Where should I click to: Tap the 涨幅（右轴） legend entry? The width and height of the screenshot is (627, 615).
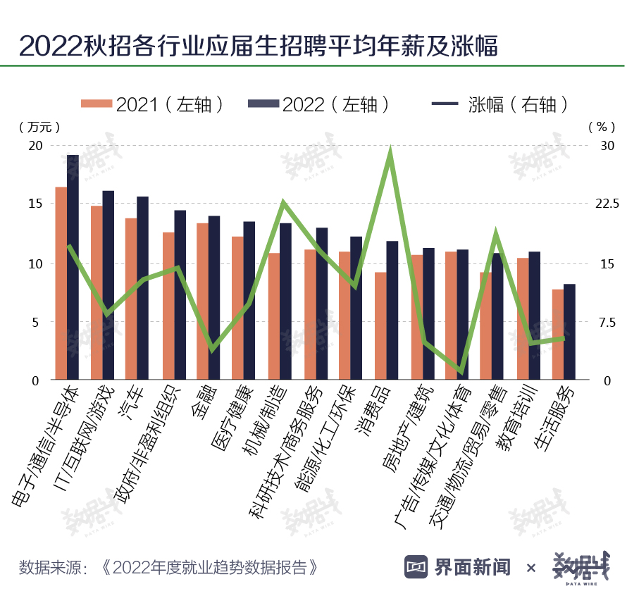click(500, 104)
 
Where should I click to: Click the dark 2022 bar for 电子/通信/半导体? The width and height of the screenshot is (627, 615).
click(73, 268)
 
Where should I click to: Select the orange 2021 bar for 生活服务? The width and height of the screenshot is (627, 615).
click(557, 335)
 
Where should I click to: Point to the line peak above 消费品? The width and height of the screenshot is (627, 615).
click(390, 154)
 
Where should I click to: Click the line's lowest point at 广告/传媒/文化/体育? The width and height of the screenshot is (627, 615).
click(461, 371)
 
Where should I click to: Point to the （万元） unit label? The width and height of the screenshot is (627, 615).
click(39, 127)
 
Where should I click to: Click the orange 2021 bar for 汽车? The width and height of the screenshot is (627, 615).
click(131, 299)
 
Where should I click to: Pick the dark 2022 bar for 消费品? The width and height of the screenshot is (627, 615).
click(392, 311)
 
